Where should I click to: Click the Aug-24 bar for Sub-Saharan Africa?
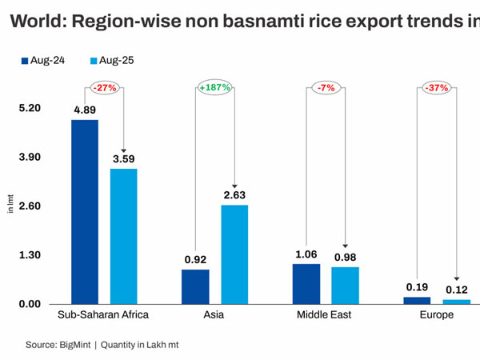click(85, 211)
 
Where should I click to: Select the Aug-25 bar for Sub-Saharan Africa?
click(124, 236)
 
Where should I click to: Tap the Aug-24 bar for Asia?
click(195, 286)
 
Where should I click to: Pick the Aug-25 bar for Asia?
click(234, 254)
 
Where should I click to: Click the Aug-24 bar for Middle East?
click(306, 283)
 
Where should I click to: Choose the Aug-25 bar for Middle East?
click(345, 285)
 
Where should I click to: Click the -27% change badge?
click(104, 87)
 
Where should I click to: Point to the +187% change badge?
click(215, 87)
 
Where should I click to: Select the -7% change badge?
click(326, 87)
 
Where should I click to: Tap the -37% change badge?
click(437, 87)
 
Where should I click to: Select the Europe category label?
click(436, 315)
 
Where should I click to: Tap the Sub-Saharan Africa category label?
click(104, 315)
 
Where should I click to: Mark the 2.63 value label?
click(234, 194)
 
